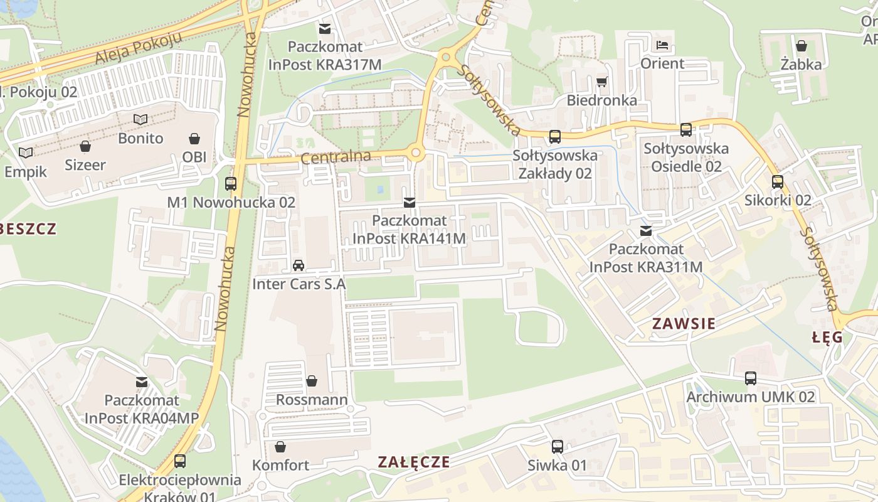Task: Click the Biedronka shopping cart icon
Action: click(x=602, y=82)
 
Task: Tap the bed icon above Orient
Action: click(x=662, y=45)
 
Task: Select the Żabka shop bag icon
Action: click(x=801, y=45)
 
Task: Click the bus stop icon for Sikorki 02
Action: click(x=778, y=182)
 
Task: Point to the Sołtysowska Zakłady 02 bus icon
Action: click(x=554, y=137)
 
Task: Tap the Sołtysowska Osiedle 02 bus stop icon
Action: click(x=686, y=130)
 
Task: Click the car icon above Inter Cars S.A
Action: click(x=299, y=265)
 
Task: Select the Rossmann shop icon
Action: click(x=312, y=381)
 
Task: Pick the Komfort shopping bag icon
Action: click(x=280, y=447)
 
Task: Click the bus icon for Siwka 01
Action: click(x=557, y=447)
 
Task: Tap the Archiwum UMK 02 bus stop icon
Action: click(x=751, y=378)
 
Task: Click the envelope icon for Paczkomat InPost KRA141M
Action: click(x=410, y=202)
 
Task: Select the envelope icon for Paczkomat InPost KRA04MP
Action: click(x=142, y=382)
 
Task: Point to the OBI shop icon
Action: click(x=194, y=138)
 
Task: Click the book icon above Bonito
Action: click(x=141, y=119)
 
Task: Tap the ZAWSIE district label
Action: click(x=684, y=324)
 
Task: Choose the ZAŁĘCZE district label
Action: click(x=414, y=462)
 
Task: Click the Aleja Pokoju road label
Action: click(x=138, y=48)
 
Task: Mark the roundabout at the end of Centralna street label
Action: click(x=415, y=152)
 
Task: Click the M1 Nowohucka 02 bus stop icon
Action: click(x=231, y=184)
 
